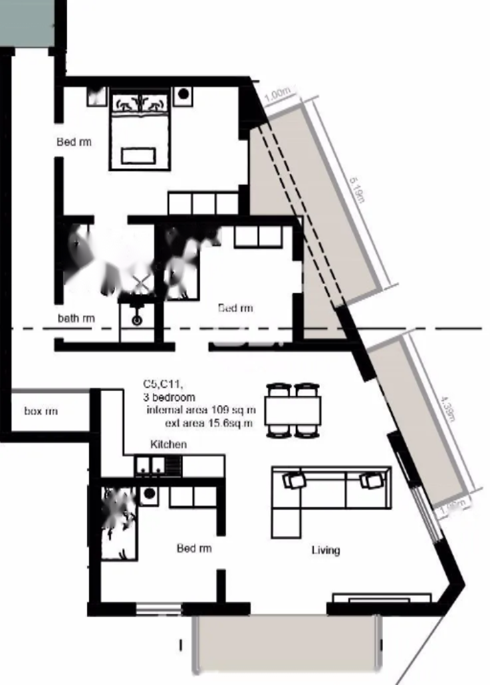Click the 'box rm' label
point(41,412)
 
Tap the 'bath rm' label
point(76,319)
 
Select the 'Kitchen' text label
point(169,444)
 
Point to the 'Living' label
point(326,550)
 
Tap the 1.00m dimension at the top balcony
point(277,95)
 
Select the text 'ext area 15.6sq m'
point(209,422)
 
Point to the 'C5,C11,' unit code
point(164,384)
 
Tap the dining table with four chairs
point(293,410)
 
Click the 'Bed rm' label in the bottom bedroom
point(194,549)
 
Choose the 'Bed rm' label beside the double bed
point(74,142)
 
